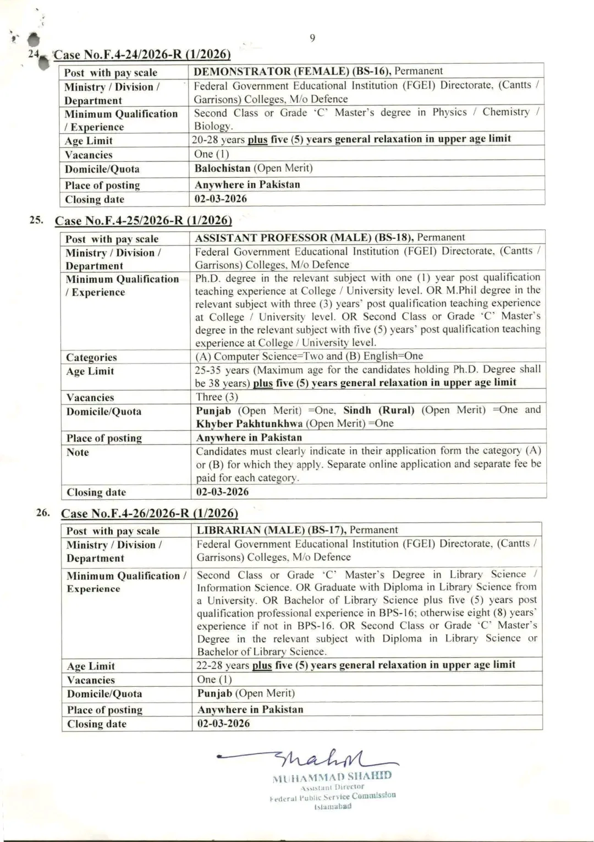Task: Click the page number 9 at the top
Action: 312,38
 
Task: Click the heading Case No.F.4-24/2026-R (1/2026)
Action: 142,54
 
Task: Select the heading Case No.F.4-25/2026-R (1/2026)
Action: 143,221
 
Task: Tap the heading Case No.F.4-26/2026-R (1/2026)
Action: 149,513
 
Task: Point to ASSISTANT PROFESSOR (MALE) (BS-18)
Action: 304,238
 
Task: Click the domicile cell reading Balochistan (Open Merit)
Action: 254,168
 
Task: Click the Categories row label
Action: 91,357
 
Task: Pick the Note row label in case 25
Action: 78,452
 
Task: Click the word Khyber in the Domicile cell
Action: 214,424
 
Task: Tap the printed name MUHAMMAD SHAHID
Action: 332,777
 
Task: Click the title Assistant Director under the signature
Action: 332,787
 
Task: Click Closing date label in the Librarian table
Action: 97,724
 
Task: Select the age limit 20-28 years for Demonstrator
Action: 218,140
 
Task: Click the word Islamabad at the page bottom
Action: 332,807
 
